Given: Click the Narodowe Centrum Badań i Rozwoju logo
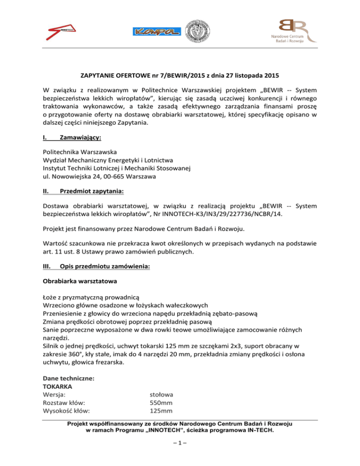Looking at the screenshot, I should pos(288,31).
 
